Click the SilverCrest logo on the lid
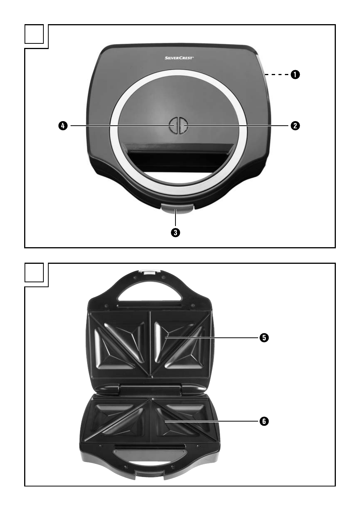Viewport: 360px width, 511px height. (179, 58)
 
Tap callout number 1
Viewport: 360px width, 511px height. (295, 75)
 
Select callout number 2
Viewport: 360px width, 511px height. (295, 126)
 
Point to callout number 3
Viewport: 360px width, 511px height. (175, 233)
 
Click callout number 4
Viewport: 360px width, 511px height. (63, 126)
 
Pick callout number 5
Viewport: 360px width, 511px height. (264, 338)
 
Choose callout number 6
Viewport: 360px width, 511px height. (264, 421)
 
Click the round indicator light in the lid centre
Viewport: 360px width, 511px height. (178, 126)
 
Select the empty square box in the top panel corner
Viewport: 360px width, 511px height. (34, 34)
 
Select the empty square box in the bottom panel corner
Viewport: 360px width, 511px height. (34, 272)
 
